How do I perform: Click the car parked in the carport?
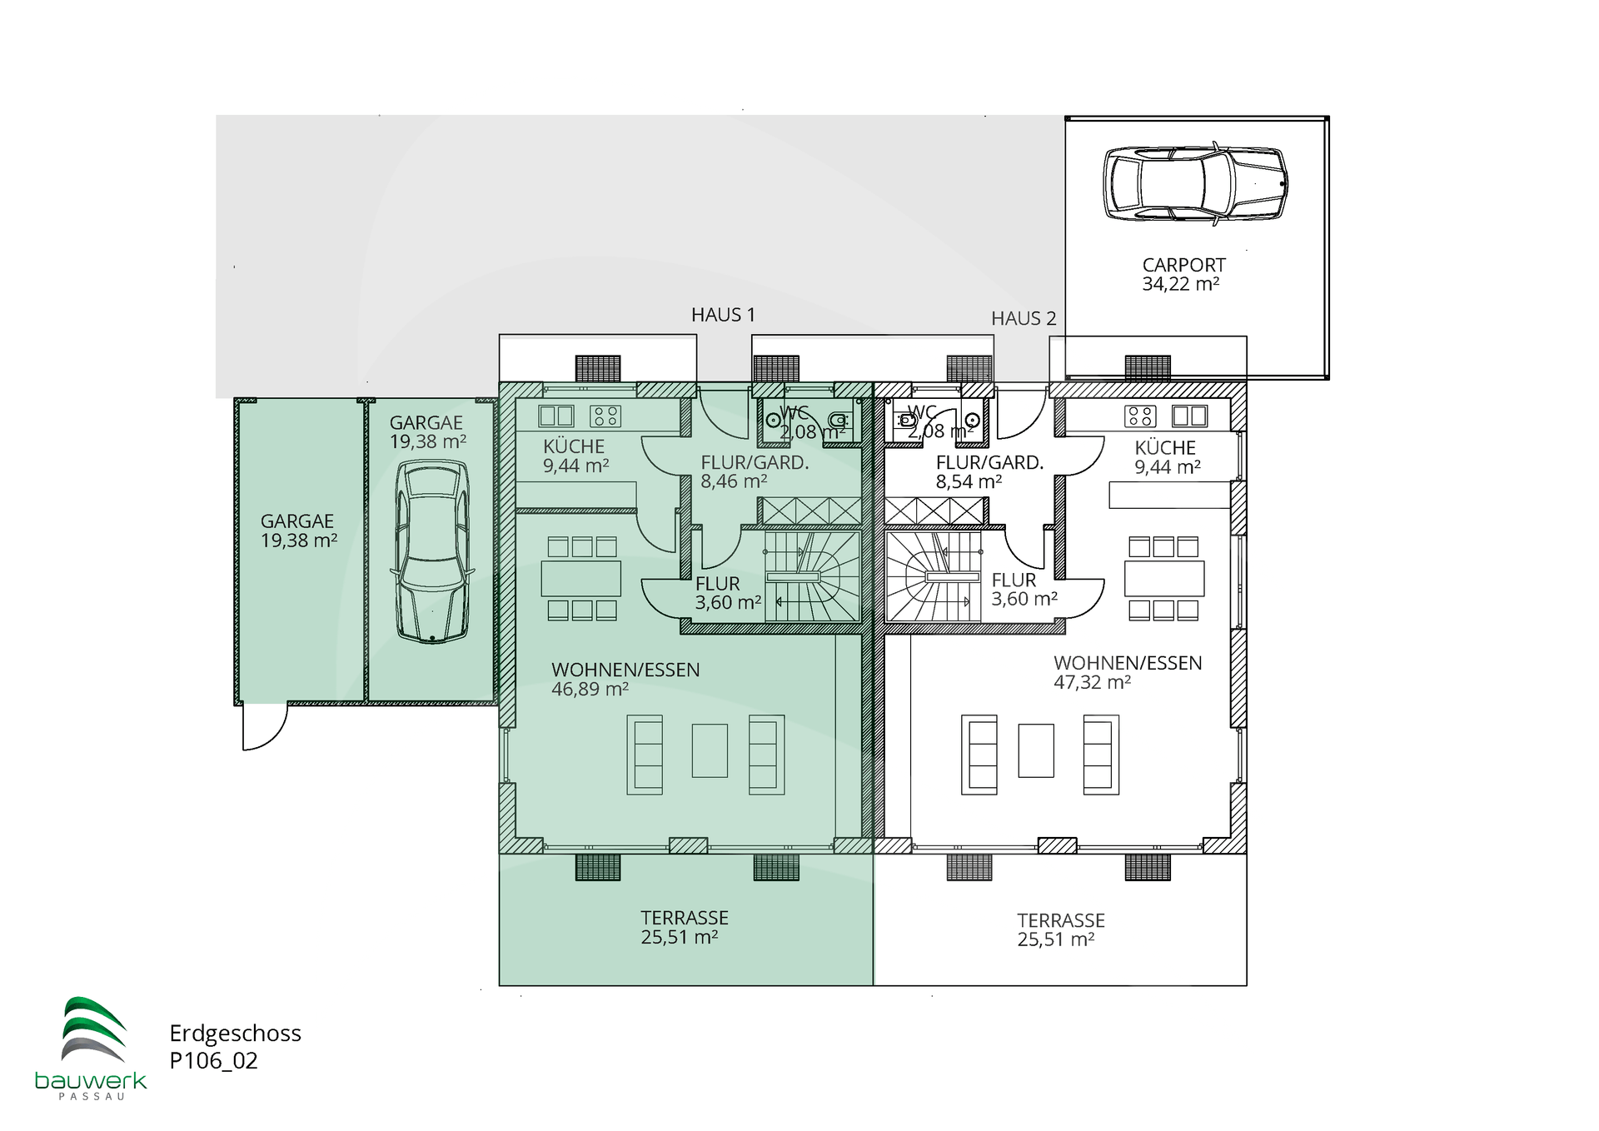[1195, 184]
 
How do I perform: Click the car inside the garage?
[432, 551]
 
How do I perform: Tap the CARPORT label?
[1183, 265]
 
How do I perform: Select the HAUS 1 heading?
[723, 315]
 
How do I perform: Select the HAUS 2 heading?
[1024, 318]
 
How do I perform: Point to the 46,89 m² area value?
[590, 689]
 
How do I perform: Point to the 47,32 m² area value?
[1092, 682]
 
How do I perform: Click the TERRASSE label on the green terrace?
[685, 918]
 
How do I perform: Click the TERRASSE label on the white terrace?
[1061, 920]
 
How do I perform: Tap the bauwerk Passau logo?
[92, 1049]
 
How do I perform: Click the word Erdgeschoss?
[236, 1034]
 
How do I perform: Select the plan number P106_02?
[214, 1061]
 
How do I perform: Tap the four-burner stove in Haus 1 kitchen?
[605, 416]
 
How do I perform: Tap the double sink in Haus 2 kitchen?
[1189, 416]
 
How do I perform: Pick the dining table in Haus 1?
[581, 579]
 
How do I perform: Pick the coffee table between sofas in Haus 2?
[1036, 750]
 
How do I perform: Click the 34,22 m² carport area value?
[1181, 284]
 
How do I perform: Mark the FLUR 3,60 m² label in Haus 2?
[1024, 589]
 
